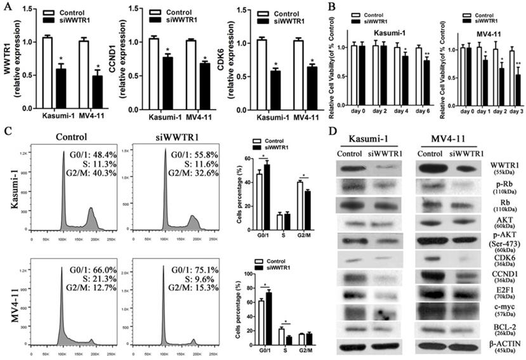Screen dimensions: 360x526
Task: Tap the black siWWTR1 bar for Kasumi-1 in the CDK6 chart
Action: point(275,89)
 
